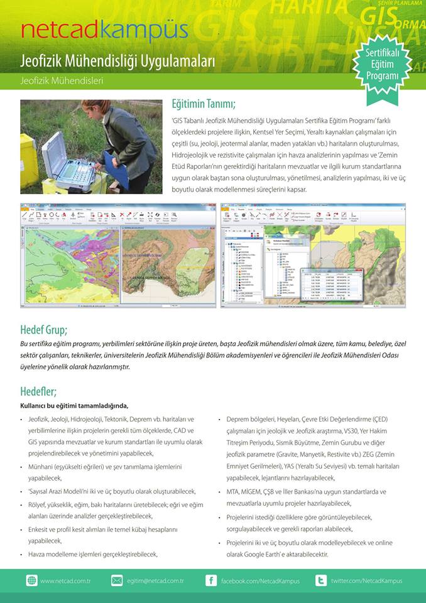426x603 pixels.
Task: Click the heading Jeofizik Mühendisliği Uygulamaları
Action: pos(117,62)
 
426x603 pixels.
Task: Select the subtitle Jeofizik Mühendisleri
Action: pos(62,81)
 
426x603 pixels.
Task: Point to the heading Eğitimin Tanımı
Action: pos(204,104)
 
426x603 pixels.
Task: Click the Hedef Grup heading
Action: pos(44,329)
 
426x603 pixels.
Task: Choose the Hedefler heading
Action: pos(38,391)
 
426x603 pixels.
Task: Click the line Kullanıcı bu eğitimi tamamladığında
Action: pos(74,405)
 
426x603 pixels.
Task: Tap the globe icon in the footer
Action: pos(32,580)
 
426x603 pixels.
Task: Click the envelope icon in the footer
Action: pos(117,580)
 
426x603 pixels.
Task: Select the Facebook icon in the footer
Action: pos(211,580)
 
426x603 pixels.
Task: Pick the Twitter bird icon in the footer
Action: pos(321,580)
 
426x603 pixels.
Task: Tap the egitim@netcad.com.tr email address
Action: pos(155,581)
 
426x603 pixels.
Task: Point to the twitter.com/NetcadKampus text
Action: pos(366,581)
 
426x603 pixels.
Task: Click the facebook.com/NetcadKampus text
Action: pos(260,581)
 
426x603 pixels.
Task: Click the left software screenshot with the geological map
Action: pos(117,255)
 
